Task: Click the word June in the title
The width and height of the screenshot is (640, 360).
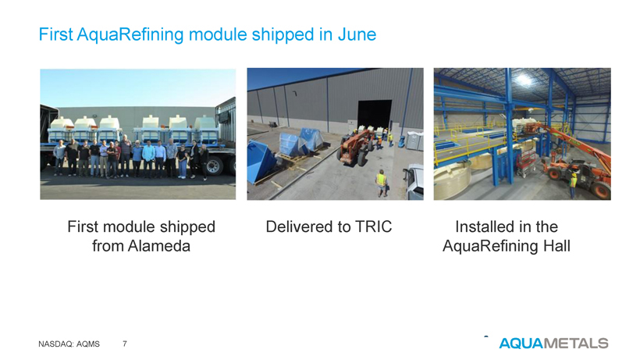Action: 357,34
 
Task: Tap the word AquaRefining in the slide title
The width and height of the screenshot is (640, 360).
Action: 130,35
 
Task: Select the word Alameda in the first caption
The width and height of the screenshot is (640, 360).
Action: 158,246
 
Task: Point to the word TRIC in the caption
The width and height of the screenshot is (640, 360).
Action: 374,226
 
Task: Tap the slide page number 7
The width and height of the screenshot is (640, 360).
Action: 125,344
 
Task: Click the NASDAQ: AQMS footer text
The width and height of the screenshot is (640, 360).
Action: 69,344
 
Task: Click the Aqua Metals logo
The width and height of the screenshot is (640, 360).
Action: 553,343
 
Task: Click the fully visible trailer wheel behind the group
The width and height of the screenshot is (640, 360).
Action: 215,166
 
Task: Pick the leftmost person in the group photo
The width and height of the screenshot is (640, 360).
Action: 59,158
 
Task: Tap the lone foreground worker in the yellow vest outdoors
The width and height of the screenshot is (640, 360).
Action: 381,184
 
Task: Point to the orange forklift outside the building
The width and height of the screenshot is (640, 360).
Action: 354,147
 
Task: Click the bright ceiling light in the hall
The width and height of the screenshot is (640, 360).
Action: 524,80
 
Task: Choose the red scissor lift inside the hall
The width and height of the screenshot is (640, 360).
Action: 526,163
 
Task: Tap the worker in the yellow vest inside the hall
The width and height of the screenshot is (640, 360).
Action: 573,184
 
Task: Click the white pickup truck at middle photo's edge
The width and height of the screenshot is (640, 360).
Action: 414,182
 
